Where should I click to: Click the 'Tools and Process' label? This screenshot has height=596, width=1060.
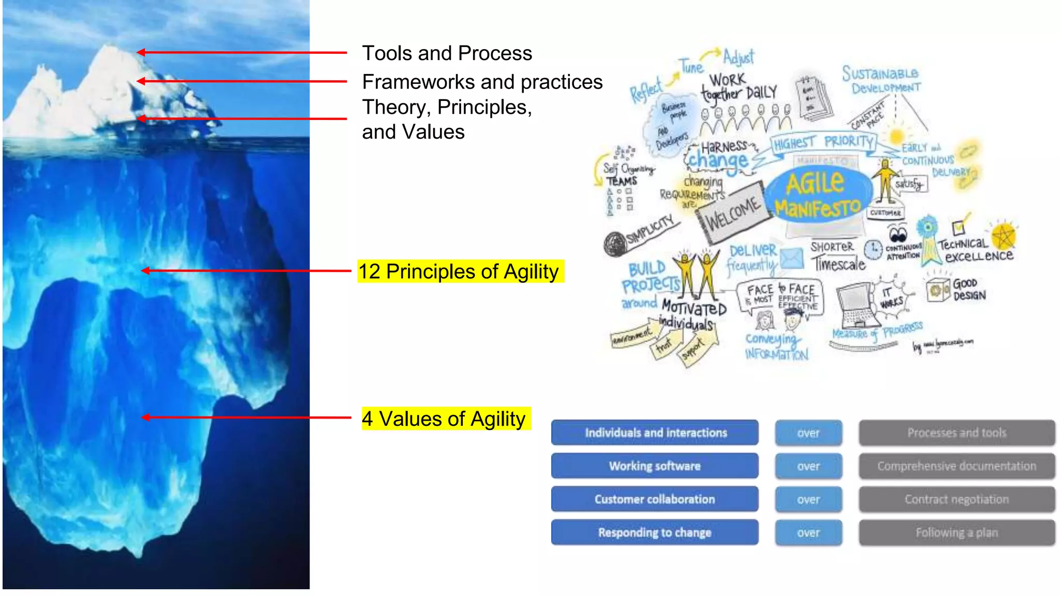click(447, 53)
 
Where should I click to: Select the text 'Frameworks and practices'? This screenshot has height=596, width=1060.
click(482, 82)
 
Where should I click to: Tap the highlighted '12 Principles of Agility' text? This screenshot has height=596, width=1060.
click(459, 272)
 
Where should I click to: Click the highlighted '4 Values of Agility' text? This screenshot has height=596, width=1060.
click(444, 419)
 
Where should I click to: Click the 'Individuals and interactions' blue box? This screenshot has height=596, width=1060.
click(655, 433)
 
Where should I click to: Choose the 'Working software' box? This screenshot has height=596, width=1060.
click(655, 466)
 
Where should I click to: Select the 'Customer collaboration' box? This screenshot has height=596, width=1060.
click(655, 499)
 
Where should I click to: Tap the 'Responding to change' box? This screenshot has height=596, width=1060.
click(655, 532)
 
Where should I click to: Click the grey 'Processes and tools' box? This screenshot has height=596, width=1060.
click(956, 433)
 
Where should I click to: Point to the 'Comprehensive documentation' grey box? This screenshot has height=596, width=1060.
click(956, 466)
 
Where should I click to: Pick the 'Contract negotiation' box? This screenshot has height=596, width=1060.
click(956, 499)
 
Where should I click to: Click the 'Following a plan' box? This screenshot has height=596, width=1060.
click(956, 532)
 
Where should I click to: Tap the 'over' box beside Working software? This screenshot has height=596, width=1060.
click(808, 466)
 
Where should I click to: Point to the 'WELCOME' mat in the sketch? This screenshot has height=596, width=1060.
click(733, 213)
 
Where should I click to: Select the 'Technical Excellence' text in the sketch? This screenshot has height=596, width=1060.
click(976, 250)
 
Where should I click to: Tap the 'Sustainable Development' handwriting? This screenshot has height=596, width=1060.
click(882, 80)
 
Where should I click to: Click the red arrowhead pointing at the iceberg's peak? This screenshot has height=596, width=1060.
click(141, 52)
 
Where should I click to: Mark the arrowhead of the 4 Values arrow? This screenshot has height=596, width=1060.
click(146, 418)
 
